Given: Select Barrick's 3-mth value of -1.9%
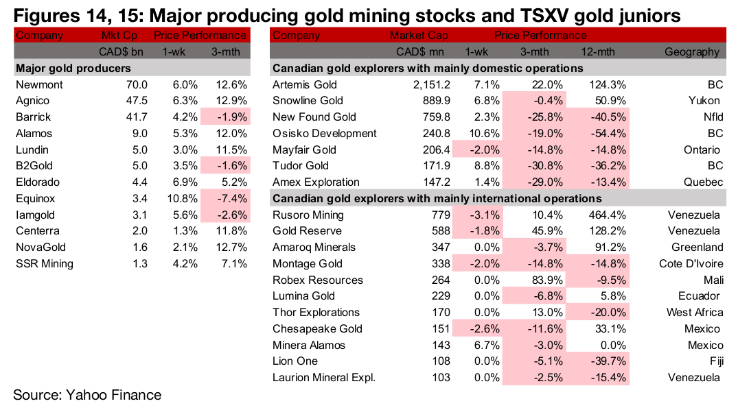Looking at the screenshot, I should coord(231,117).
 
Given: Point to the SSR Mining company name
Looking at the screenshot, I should coord(44,264).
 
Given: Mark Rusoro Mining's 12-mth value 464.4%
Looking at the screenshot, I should coord(607,215).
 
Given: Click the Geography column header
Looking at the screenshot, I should coord(692,52).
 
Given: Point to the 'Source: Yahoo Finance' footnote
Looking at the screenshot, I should coord(87,395).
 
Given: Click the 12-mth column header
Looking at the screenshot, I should coord(607,52).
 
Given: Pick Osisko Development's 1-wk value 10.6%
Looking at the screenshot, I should coord(474,134).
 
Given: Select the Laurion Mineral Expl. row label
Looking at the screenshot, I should coord(324,378).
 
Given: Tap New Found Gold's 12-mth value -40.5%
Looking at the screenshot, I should coord(606,117).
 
